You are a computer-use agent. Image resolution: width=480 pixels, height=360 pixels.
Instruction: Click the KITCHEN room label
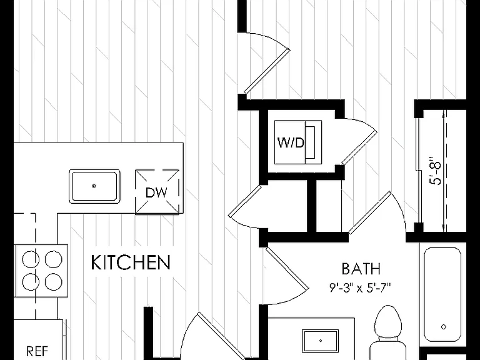(131, 262)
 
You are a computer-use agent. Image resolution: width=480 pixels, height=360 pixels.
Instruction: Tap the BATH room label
(361, 269)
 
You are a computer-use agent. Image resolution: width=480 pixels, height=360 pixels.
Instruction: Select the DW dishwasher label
(156, 192)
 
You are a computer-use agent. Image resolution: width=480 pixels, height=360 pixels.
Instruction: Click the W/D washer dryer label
(291, 142)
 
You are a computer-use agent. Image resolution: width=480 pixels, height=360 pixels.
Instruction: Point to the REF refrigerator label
(37, 351)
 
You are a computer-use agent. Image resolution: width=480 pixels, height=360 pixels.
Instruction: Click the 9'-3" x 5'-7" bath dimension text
(360, 287)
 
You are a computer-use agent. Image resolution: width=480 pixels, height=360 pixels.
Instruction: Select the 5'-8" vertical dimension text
(436, 171)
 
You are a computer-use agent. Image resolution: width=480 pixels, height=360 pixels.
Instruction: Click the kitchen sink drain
(94, 186)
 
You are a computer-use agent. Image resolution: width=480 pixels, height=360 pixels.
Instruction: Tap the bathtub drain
(444, 327)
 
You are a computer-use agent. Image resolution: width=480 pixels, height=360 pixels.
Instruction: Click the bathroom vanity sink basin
(320, 341)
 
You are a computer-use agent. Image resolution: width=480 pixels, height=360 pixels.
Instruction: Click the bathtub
(442, 295)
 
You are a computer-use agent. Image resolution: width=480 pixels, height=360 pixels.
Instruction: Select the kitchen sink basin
(94, 186)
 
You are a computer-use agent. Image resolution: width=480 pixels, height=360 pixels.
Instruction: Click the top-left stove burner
(31, 259)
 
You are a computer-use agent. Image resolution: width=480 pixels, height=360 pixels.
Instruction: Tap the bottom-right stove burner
(54, 282)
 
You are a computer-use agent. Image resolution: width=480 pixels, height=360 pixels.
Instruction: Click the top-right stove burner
(54, 259)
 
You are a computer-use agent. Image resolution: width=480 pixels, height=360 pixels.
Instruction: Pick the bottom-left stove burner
(31, 282)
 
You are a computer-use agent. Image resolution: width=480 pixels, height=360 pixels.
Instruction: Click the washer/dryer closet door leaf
(359, 147)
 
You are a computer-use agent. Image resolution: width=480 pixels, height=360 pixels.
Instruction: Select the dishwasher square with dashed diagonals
(157, 192)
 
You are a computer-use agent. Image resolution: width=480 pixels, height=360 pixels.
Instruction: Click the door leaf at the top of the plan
(267, 71)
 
